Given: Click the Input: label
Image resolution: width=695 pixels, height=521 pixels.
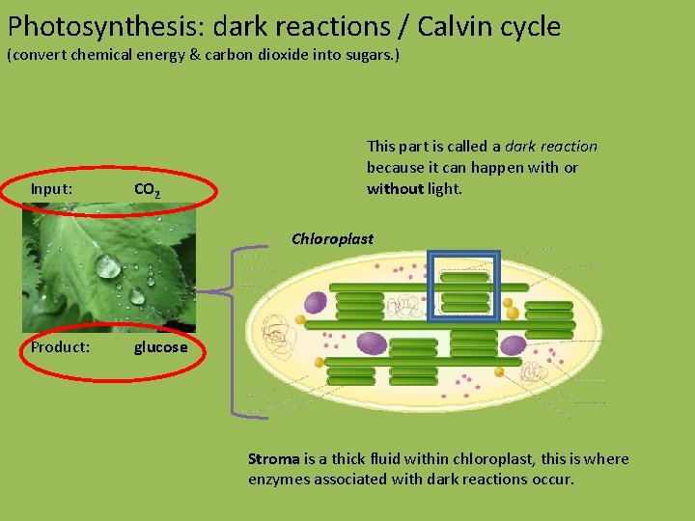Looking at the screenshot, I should tap(51, 188).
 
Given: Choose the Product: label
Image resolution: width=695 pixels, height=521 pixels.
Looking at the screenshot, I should tap(60, 346).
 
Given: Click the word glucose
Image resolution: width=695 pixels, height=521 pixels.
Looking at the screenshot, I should tap(160, 346).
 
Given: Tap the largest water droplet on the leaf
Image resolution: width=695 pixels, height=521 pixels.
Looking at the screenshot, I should tap(107, 265).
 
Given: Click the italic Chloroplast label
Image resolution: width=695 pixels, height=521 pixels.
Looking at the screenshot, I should tap(332, 238).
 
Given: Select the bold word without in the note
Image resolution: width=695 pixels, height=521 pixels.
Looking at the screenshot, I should tap(395, 188).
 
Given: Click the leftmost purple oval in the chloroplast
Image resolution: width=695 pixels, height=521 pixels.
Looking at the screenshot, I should tap(315, 304).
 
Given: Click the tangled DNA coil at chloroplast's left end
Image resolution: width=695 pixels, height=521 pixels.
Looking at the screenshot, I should tap(280, 338).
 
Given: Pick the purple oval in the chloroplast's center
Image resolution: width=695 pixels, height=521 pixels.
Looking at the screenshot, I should tap(372, 343).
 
